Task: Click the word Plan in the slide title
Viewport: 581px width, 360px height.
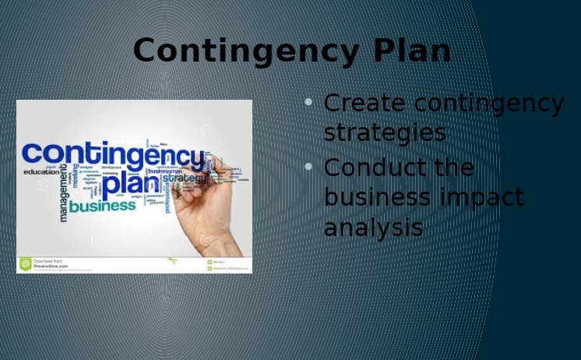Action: (412, 51)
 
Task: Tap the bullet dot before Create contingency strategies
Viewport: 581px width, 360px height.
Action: (308, 102)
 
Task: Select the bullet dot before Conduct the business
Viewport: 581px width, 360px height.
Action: (308, 167)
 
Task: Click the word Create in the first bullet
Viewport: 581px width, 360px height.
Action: (365, 103)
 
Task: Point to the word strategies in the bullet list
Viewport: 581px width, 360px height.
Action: (385, 132)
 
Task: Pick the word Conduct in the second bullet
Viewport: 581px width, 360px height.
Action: (371, 168)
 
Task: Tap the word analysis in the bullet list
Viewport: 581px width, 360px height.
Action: (373, 228)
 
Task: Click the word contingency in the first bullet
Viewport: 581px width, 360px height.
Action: (489, 103)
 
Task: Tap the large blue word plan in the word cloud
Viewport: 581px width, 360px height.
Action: (131, 185)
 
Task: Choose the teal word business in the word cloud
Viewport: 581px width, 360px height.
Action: (102, 206)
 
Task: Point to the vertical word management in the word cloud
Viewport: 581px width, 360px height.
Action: (64, 192)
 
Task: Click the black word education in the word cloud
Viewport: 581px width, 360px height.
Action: (40, 171)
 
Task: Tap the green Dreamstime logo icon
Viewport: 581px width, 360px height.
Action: (25, 264)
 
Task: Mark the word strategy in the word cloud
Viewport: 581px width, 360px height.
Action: (185, 179)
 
